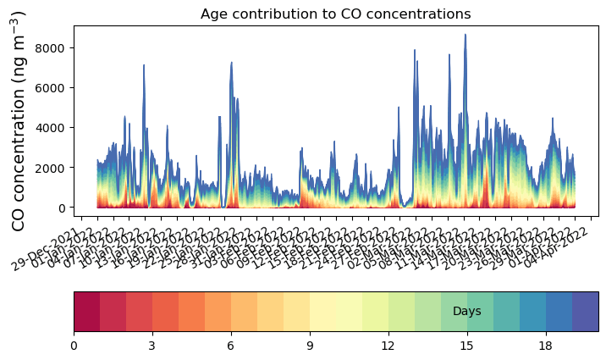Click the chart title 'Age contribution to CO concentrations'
[335, 14]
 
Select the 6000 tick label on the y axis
[53, 88]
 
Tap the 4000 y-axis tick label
[53, 128]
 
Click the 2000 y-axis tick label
[53, 168]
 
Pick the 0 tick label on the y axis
[63, 208]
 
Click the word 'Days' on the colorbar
[466, 312]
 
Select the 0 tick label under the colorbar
[74, 346]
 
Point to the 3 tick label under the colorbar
[152, 346]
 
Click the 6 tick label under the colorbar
[231, 346]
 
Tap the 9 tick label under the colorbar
[310, 346]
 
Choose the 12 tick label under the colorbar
[388, 346]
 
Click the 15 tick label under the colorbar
[467, 346]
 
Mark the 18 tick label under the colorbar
[546, 346]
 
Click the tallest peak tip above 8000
[465, 36]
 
